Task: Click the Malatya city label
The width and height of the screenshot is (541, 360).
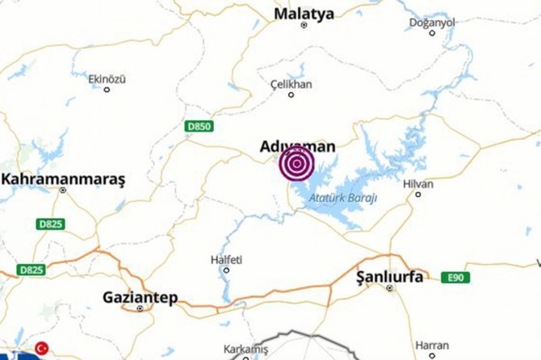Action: click(x=304, y=13)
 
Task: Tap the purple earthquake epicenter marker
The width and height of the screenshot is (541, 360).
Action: click(x=297, y=165)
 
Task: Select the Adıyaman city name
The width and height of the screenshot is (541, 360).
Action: click(x=297, y=147)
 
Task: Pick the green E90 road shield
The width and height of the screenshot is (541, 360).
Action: click(x=456, y=278)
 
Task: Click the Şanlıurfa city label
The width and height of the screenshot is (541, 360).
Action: click(x=389, y=277)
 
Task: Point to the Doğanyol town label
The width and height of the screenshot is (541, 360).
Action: click(x=433, y=23)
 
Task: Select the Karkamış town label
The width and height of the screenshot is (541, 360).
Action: click(x=245, y=348)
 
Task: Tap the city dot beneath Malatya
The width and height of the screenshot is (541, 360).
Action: click(x=304, y=25)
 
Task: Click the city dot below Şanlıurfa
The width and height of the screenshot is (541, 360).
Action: click(x=392, y=288)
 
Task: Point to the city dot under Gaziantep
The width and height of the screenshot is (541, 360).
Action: click(x=140, y=308)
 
